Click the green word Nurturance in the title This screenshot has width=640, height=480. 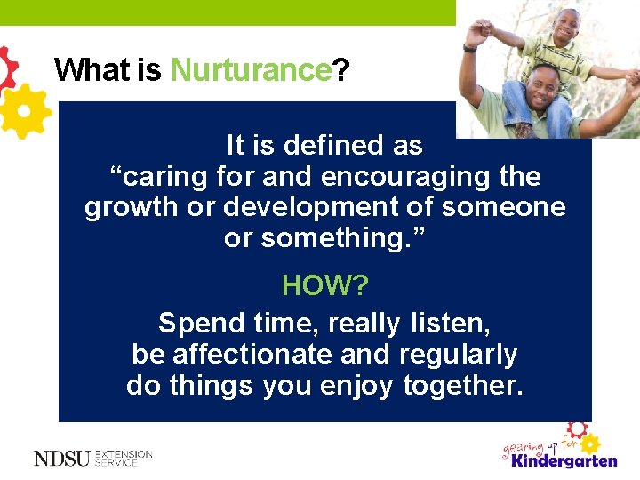click(250, 70)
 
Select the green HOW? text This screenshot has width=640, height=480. click(324, 285)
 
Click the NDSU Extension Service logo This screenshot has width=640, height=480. click(93, 458)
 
